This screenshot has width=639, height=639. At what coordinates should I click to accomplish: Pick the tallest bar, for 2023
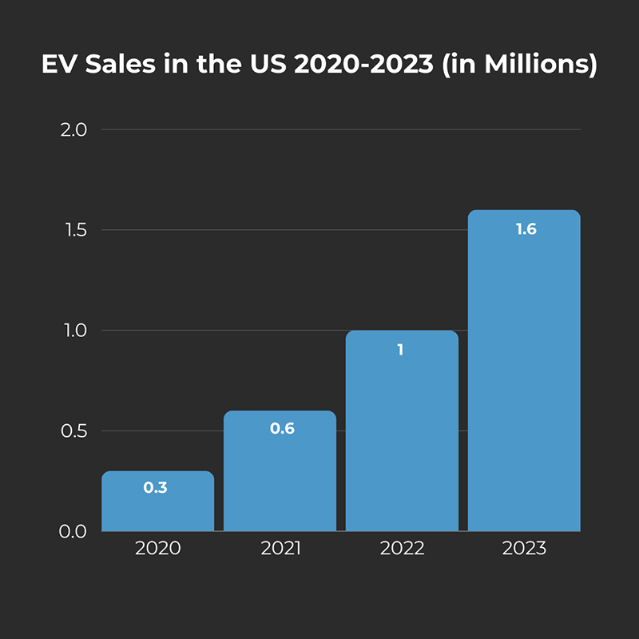[x=524, y=375]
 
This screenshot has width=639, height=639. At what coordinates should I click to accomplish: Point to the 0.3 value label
[x=155, y=487]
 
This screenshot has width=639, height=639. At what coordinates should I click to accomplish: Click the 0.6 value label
[x=282, y=428]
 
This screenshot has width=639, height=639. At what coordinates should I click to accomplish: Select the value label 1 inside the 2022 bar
[x=401, y=349]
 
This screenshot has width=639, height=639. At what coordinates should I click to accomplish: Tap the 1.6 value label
[x=526, y=229]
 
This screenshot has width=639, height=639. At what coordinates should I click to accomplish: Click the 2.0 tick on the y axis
[x=73, y=130]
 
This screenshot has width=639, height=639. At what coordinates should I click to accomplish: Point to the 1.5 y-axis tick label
[x=73, y=230]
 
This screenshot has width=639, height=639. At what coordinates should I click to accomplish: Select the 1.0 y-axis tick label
[x=73, y=331]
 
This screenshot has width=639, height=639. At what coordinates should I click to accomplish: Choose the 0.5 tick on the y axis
[x=73, y=431]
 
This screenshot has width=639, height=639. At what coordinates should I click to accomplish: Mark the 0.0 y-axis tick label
[x=73, y=531]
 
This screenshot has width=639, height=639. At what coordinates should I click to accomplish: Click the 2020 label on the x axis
[x=157, y=549]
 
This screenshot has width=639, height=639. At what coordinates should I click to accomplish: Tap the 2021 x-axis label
[x=280, y=549]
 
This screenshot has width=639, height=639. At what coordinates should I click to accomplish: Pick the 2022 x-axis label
[x=402, y=549]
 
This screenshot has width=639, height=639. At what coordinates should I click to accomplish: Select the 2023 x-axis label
[x=524, y=549]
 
